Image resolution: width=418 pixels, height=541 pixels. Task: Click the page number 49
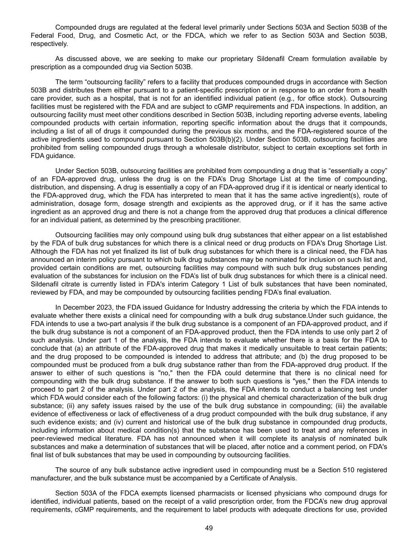coord(209,528)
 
